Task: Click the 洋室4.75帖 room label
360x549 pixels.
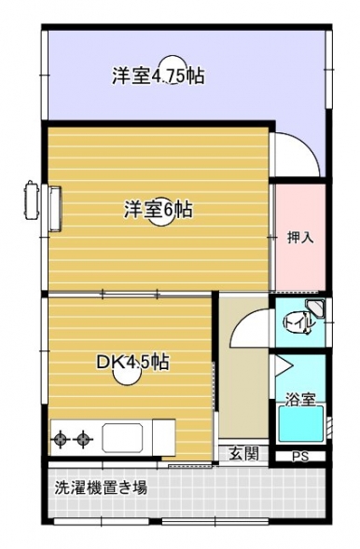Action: click(159, 75)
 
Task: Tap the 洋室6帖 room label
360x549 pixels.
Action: click(159, 210)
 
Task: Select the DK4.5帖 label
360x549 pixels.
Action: click(132, 363)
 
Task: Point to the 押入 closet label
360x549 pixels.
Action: click(300, 238)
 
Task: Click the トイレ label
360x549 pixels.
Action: click(298, 322)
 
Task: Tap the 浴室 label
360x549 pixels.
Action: click(300, 399)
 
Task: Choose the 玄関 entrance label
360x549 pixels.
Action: click(244, 454)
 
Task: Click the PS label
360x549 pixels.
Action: click(300, 457)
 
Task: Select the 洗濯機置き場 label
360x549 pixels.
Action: click(101, 487)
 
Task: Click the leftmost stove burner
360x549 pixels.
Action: click(61, 438)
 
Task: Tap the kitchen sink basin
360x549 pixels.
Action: click(122, 437)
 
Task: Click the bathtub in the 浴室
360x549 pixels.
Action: click(301, 424)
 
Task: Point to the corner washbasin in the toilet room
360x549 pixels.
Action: click(315, 308)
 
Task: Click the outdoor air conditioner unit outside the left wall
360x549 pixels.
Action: click(31, 199)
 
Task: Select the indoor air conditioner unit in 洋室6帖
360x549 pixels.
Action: click(55, 209)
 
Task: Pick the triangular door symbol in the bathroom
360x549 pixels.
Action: click(283, 365)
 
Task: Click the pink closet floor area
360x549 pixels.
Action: click(300, 237)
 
